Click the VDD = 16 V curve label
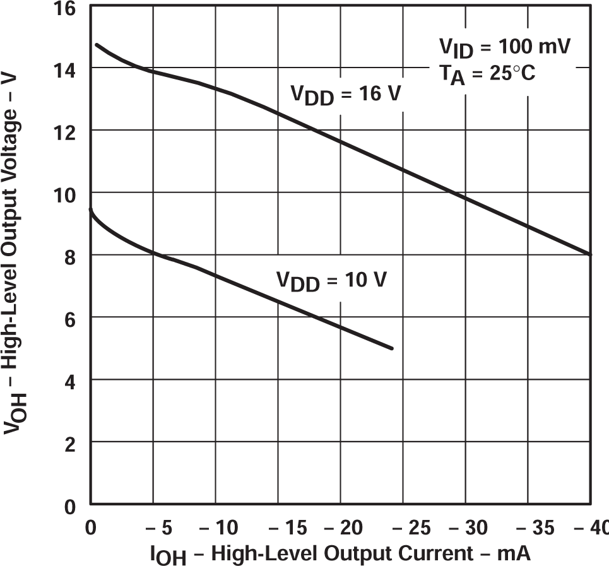coord(346,95)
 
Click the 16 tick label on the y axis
coord(65,9)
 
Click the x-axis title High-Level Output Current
coord(340,553)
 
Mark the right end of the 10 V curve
coord(392,348)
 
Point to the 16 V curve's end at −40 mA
coord(591,254)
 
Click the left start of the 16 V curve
coord(97,45)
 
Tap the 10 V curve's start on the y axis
coord(91,210)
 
